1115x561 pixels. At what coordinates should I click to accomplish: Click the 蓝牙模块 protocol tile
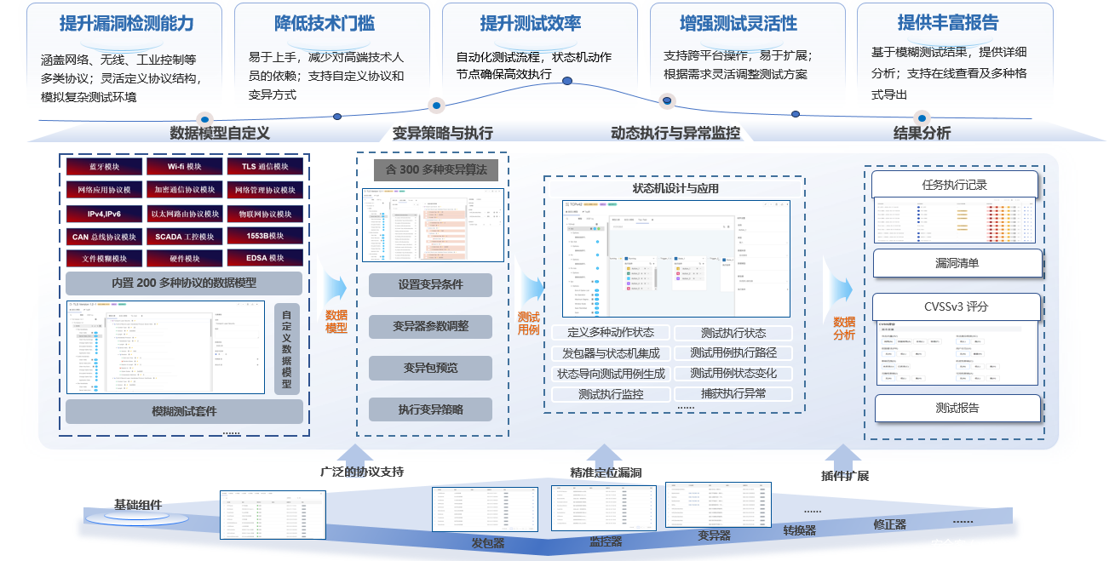pyautogui.click(x=104, y=166)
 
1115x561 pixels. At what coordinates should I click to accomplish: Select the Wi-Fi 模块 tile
pyautogui.click(x=184, y=166)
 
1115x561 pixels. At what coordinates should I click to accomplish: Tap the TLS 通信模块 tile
pyautogui.click(x=264, y=166)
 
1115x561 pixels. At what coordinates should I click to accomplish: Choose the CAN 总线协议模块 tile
pyautogui.click(x=104, y=237)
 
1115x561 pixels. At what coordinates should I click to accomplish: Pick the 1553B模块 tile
pyautogui.click(x=264, y=237)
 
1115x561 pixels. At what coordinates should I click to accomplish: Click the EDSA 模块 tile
pyautogui.click(x=264, y=259)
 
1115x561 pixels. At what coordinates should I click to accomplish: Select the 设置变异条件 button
pyautogui.click(x=430, y=285)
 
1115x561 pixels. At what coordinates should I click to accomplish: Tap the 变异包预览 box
pyautogui.click(x=430, y=368)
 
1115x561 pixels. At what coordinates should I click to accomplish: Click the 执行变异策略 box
pyautogui.click(x=430, y=409)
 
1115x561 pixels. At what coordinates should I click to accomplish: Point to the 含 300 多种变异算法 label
pyautogui.click(x=436, y=169)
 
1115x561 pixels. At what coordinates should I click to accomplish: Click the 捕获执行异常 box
pyautogui.click(x=733, y=393)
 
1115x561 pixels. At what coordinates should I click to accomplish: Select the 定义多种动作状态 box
pyautogui.click(x=611, y=333)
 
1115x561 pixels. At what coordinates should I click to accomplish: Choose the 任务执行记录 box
pyautogui.click(x=954, y=184)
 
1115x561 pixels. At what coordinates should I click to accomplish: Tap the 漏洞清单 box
pyautogui.click(x=957, y=263)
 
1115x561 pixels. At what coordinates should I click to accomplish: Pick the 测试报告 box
pyautogui.click(x=957, y=408)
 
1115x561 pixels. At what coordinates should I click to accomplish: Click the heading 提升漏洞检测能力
pyautogui.click(x=126, y=23)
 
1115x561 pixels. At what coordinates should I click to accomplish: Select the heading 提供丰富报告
pyautogui.click(x=947, y=23)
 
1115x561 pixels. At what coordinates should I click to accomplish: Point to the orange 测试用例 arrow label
pyautogui.click(x=529, y=323)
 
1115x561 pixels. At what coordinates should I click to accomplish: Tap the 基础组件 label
pyautogui.click(x=138, y=505)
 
